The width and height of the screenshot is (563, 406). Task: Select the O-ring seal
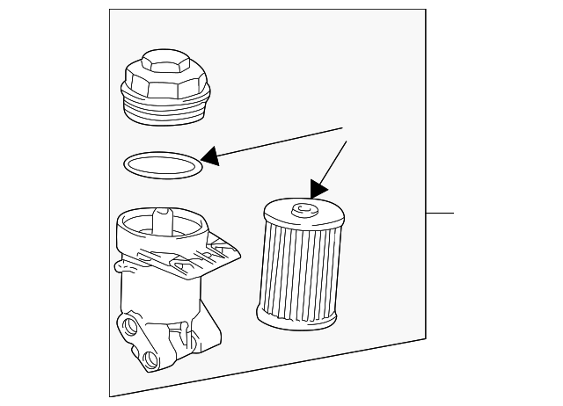(161, 164)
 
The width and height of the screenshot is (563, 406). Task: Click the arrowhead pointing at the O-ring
(209, 158)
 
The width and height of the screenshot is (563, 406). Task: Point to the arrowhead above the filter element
(318, 188)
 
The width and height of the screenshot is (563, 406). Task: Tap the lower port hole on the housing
(151, 359)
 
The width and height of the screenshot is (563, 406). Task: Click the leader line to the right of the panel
(439, 214)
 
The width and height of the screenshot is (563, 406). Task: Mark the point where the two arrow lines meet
(342, 129)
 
